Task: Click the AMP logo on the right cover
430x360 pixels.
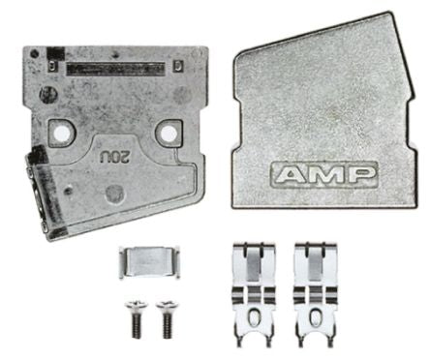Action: coord(323,175)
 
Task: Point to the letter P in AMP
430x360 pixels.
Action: coord(362,175)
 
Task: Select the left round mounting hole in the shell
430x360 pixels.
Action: coord(62,133)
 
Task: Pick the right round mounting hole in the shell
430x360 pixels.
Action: coord(168,133)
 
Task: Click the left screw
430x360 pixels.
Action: coord(137,319)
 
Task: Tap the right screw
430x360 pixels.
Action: coord(167,319)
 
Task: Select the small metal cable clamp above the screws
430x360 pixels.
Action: coord(149,262)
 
